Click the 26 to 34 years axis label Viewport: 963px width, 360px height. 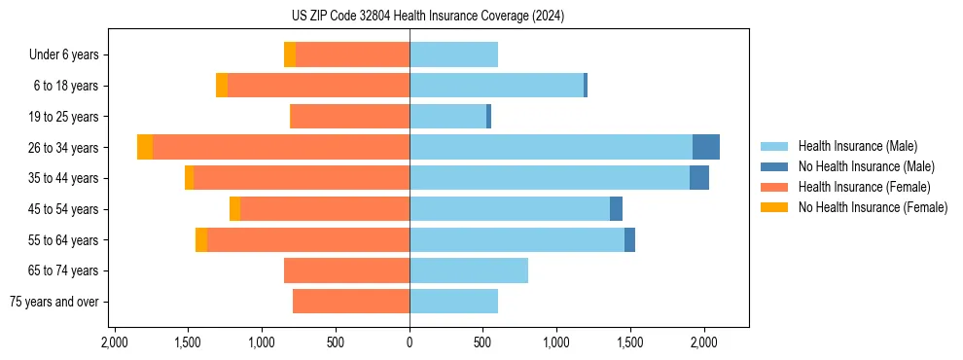coord(63,148)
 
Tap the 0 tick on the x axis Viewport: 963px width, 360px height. coord(410,342)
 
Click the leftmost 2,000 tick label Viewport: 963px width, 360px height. coord(115,342)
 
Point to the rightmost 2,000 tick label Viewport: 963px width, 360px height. coord(703,342)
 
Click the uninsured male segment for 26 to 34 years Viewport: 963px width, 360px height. coord(706,147)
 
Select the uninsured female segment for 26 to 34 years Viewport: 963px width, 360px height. coord(145,147)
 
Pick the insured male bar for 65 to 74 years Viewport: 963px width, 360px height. coord(469,270)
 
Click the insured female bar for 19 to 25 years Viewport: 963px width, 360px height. coord(350,117)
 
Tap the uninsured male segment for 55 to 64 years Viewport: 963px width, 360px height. coord(629,239)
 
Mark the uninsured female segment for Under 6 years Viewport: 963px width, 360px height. coord(290,55)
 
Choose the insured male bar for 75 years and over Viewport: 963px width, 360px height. coord(453,302)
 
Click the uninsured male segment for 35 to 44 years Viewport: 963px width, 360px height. coord(699,178)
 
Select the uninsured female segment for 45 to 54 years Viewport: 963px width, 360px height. coord(234,209)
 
